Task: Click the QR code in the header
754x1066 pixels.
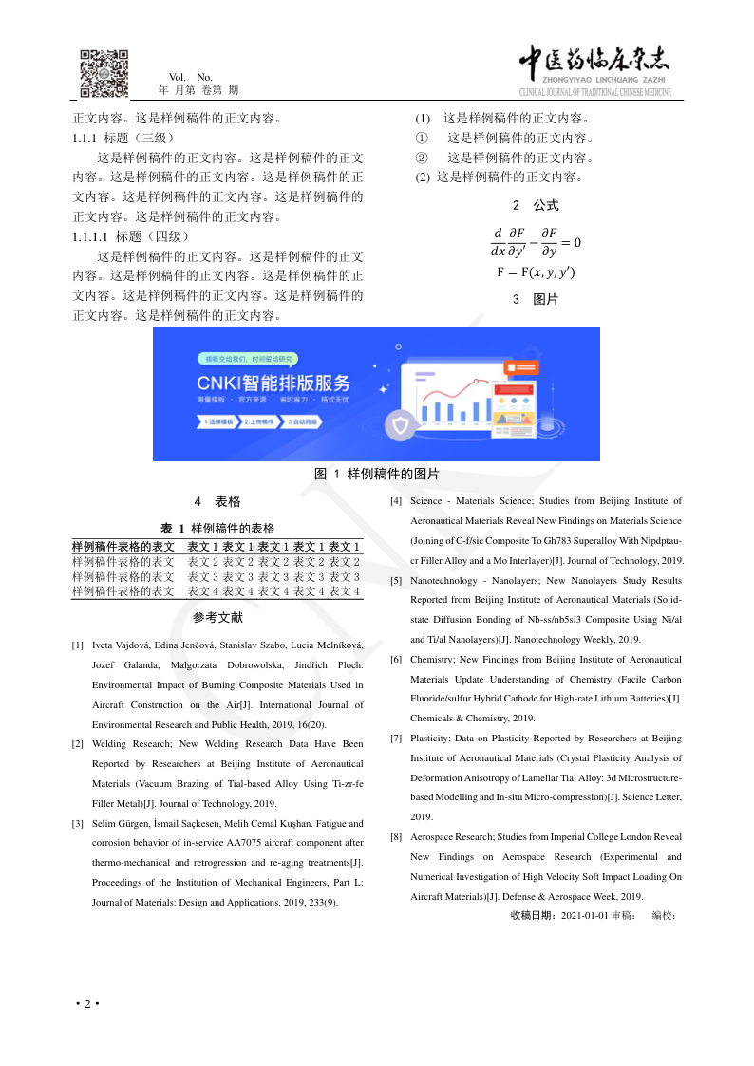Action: tap(104, 73)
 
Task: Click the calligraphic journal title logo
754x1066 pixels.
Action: tap(594, 65)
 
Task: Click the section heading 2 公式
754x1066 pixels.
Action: tap(536, 205)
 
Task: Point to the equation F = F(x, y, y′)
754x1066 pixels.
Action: tap(536, 272)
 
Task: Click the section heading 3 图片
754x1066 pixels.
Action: tap(536, 299)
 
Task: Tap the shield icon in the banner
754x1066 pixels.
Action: tap(402, 426)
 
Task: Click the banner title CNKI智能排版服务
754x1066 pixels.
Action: tap(273, 383)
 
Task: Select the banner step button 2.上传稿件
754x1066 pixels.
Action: tap(258, 421)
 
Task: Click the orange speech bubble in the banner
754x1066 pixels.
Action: tap(524, 366)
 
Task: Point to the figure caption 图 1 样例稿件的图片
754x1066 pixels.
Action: tap(377, 474)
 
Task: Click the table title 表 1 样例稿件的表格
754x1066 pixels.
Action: tap(217, 528)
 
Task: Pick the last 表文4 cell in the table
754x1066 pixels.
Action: tap(344, 591)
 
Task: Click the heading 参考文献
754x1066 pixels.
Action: tap(217, 618)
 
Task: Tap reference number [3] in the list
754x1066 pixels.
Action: tap(77, 824)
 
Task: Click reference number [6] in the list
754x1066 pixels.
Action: tap(396, 660)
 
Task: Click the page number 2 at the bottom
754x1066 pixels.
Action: tap(86, 1004)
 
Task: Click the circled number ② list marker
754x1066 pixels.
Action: tap(423, 158)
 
